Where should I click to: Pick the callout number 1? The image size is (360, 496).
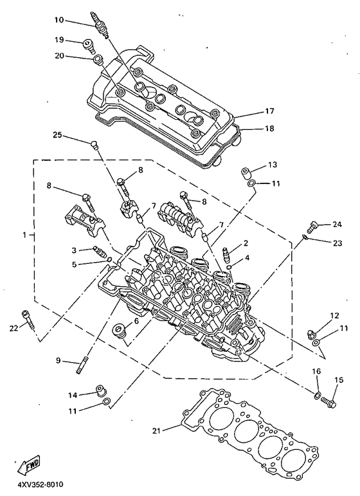click(24, 235)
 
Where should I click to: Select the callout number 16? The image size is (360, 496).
click(316, 371)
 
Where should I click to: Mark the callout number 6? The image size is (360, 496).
click(136, 322)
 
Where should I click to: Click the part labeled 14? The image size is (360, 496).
click(100, 390)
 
